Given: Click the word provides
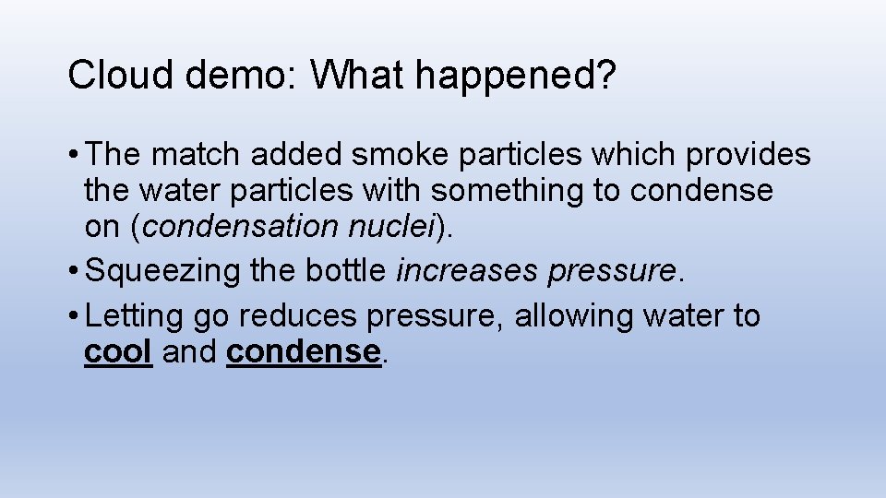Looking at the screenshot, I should coord(748,155).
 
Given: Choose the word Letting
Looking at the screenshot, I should coord(135,316).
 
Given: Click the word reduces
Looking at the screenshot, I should coord(297,316).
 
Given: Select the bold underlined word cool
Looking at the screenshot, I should coord(118,351).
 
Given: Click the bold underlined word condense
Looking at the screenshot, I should coord(304,351).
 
